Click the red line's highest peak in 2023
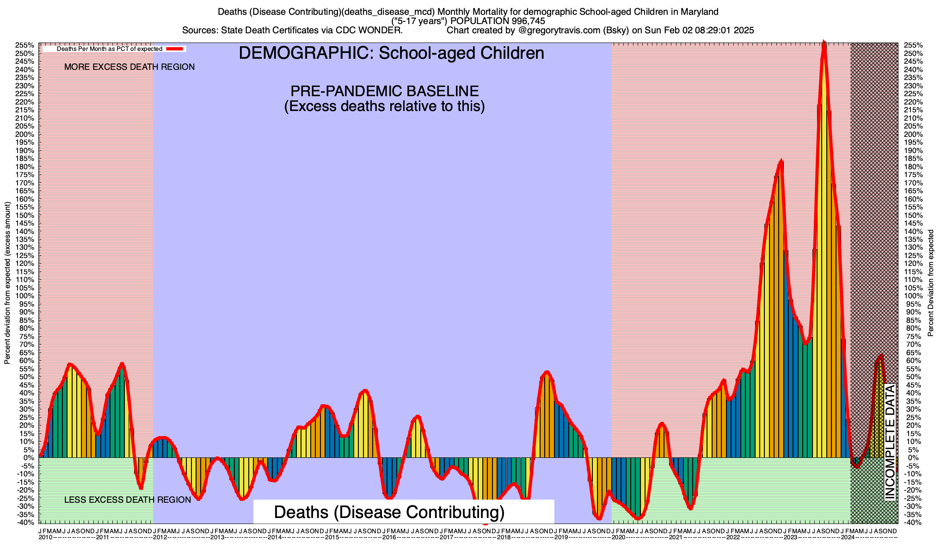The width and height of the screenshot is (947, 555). click(824, 43)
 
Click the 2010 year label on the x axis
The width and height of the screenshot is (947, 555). click(45, 537)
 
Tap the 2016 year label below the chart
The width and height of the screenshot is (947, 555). click(389, 537)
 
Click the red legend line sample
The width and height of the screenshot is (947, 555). click(176, 49)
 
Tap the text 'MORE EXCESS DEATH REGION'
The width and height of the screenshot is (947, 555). click(129, 67)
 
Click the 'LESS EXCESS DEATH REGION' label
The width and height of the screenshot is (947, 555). click(128, 500)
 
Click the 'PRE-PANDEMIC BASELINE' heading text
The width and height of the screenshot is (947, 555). click(384, 91)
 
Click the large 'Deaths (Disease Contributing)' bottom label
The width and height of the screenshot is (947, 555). click(389, 512)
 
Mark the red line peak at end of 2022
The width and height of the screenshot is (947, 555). click(781, 161)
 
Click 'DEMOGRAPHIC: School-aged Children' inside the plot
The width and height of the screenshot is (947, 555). click(391, 53)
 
